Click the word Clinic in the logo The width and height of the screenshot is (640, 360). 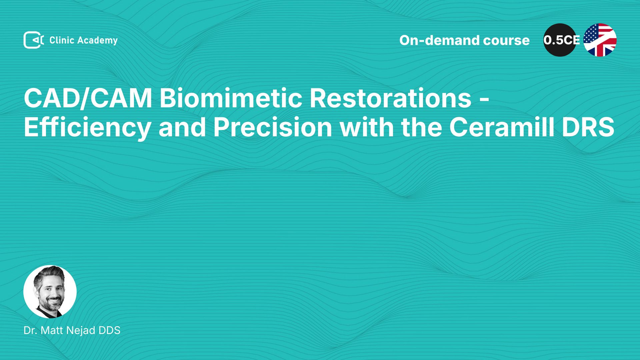click(62, 40)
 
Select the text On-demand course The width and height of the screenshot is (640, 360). click(464, 40)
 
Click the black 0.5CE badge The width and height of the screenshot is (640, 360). click(560, 40)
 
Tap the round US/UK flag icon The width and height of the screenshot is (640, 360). click(600, 40)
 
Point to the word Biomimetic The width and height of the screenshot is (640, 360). click(231, 98)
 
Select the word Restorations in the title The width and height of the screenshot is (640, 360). click(390, 98)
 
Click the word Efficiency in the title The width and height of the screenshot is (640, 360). click(87, 127)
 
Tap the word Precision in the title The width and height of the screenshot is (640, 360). click(272, 127)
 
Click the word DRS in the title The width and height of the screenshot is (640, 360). click(588, 127)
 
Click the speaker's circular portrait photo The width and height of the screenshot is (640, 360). click(50, 292)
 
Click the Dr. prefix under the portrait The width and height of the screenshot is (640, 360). click(30, 330)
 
